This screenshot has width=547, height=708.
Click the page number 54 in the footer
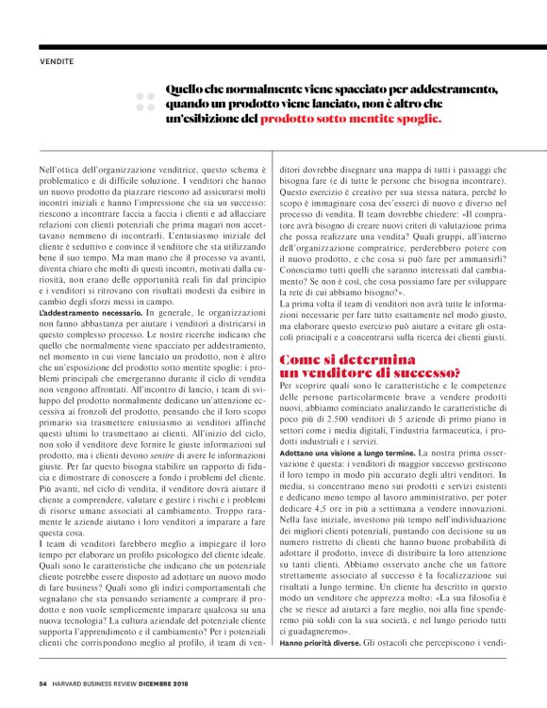43,684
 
